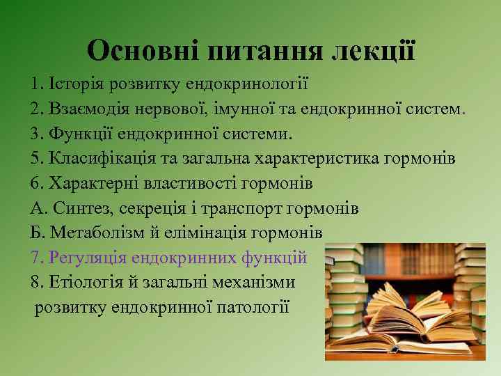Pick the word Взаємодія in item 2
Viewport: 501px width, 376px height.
tap(90, 109)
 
